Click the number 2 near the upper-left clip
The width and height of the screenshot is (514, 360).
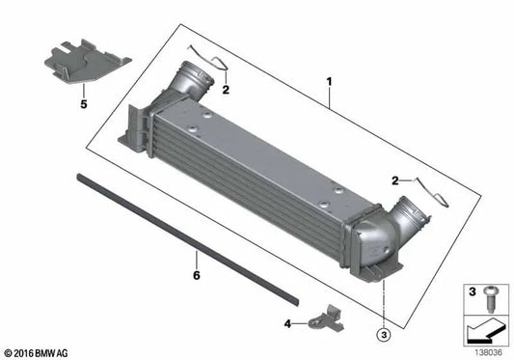(x=225, y=90)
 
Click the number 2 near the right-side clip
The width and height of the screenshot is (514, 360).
(x=394, y=180)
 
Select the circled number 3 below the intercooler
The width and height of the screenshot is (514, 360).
(x=383, y=335)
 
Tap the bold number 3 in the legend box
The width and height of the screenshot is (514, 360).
(x=472, y=291)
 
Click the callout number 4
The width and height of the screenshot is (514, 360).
(x=288, y=322)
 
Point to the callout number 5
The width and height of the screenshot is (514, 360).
(x=83, y=101)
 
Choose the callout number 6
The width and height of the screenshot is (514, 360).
(x=196, y=275)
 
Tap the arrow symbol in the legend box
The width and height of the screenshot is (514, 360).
(x=482, y=328)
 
